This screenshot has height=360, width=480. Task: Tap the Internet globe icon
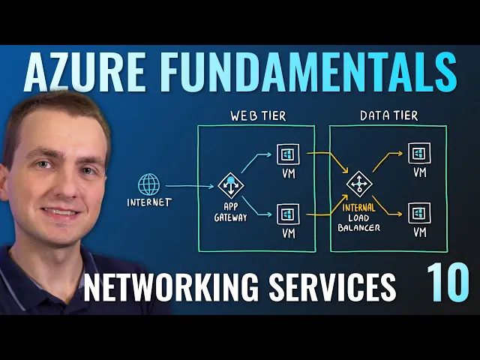point(148,184)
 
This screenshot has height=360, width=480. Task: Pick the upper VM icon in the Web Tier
point(286,155)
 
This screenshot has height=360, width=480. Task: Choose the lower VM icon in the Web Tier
point(286,214)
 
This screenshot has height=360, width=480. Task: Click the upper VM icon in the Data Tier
point(418,154)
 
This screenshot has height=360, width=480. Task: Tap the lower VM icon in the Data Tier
point(418,211)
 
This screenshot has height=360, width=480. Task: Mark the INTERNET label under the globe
point(148,202)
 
